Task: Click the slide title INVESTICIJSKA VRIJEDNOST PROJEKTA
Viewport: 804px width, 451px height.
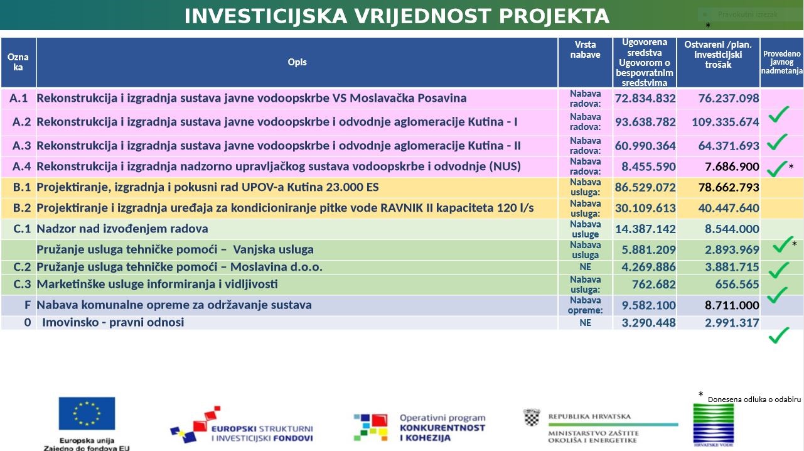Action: tap(397, 16)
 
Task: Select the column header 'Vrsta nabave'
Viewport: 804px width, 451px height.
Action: tap(585, 50)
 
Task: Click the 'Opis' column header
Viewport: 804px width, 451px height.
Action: tap(297, 62)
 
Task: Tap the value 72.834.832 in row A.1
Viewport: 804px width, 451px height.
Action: tap(645, 99)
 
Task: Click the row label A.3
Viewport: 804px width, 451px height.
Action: tap(21, 146)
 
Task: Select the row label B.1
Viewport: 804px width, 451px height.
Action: tap(21, 188)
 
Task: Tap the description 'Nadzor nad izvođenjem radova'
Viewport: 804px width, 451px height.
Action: tap(122, 229)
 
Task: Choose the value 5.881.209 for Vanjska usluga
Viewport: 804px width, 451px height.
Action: tap(648, 250)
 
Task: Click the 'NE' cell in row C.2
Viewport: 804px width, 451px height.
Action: tap(585, 267)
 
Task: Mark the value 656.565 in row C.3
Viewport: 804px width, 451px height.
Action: tap(737, 285)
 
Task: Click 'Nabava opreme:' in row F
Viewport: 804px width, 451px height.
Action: tap(585, 305)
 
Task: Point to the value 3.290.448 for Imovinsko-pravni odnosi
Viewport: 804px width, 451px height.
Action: tap(648, 323)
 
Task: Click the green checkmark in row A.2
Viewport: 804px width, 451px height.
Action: tap(778, 114)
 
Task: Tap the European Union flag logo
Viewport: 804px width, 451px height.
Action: tap(87, 413)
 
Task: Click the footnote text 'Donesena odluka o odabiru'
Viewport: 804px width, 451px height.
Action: tap(754, 399)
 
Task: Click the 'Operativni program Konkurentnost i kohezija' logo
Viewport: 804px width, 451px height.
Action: tap(419, 427)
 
